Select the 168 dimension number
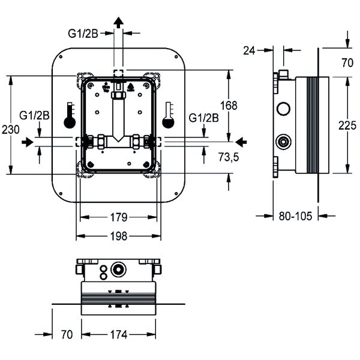coord(229,106)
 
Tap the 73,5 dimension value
coord(229,157)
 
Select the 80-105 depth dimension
coord(296,217)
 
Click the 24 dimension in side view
coord(250,51)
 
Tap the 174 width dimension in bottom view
coord(119,335)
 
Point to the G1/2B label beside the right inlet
coord(203,117)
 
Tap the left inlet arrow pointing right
coord(27,142)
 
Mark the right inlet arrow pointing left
coord(241,142)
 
